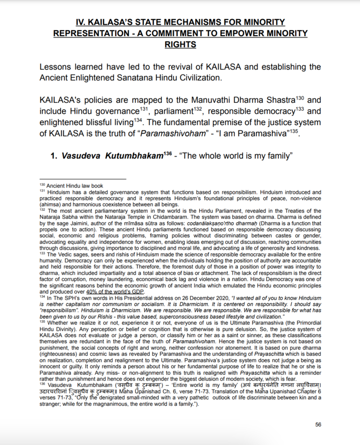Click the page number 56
tap(318, 424)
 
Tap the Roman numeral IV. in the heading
tap(82, 22)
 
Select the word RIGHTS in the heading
tap(180, 44)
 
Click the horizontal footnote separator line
tap(83, 179)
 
